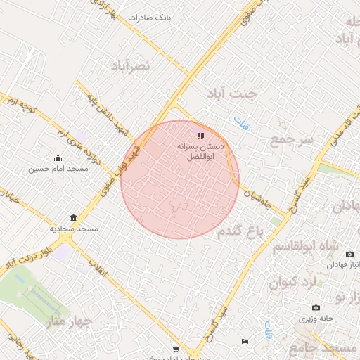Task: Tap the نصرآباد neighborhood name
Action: click(x=131, y=65)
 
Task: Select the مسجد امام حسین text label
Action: click(x=58, y=169)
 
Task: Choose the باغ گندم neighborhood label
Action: click(x=239, y=231)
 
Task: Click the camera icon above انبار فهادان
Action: click(x=350, y=254)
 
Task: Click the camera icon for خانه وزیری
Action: click(x=316, y=308)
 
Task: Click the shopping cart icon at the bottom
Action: click(x=176, y=349)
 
